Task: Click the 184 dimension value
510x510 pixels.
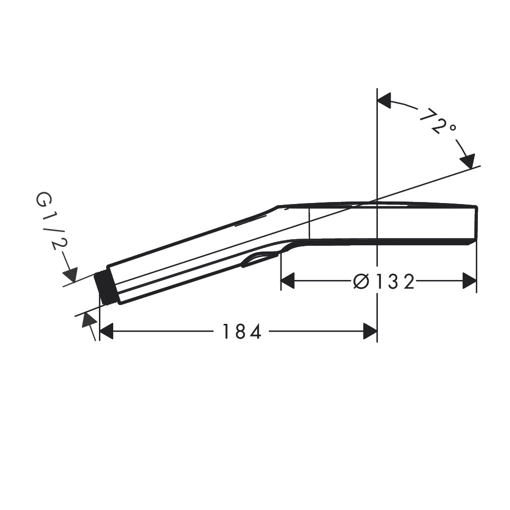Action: pos(242,331)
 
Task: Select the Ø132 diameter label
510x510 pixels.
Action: pos(384,282)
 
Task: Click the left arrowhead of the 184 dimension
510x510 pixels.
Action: pos(106,331)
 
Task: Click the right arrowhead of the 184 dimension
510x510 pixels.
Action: pos(370,331)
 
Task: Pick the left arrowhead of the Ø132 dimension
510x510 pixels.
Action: pos(288,281)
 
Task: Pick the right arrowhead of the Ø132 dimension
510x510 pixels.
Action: pos(470,281)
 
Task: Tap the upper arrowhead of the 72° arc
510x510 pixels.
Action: pos(384,100)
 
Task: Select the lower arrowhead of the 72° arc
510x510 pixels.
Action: pos(468,161)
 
